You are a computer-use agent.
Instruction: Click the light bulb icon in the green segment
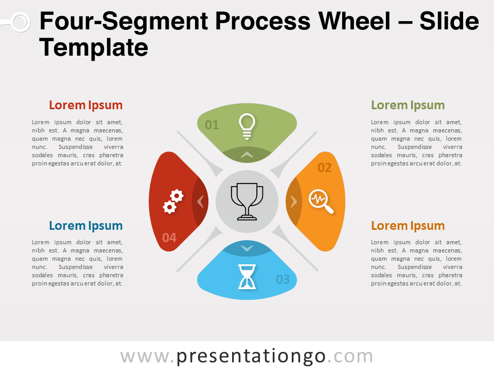[x=247, y=126]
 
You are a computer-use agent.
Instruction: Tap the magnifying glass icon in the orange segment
[x=321, y=201]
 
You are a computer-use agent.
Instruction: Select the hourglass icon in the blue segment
[x=247, y=277]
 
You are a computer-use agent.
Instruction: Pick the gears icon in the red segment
[x=173, y=201]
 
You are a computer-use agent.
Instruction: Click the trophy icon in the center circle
[x=247, y=201]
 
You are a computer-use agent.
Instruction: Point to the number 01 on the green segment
[x=211, y=125]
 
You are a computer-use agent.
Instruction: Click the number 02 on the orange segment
[x=325, y=167]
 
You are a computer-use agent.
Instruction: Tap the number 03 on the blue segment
[x=283, y=279]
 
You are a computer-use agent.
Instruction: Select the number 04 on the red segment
[x=169, y=237]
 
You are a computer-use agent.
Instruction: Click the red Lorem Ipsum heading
[x=86, y=105]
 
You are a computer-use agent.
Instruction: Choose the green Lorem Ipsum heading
[x=408, y=105]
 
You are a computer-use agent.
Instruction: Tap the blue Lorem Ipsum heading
[x=86, y=226]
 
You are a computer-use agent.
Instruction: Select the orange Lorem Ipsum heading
[x=408, y=226]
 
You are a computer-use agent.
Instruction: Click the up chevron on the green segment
[x=247, y=155]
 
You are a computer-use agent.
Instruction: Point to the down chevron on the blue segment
[x=247, y=248]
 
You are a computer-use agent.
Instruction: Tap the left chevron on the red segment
[x=200, y=201]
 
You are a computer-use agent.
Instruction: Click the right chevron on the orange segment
[x=294, y=201]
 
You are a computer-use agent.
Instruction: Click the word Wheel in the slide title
[x=354, y=21]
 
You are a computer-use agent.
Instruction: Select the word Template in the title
[x=94, y=47]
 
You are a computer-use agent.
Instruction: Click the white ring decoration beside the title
[x=21, y=22]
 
